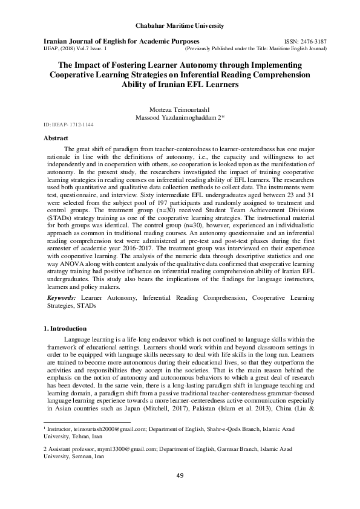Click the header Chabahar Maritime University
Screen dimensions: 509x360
point(180,25)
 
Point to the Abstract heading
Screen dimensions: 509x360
point(56,138)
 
